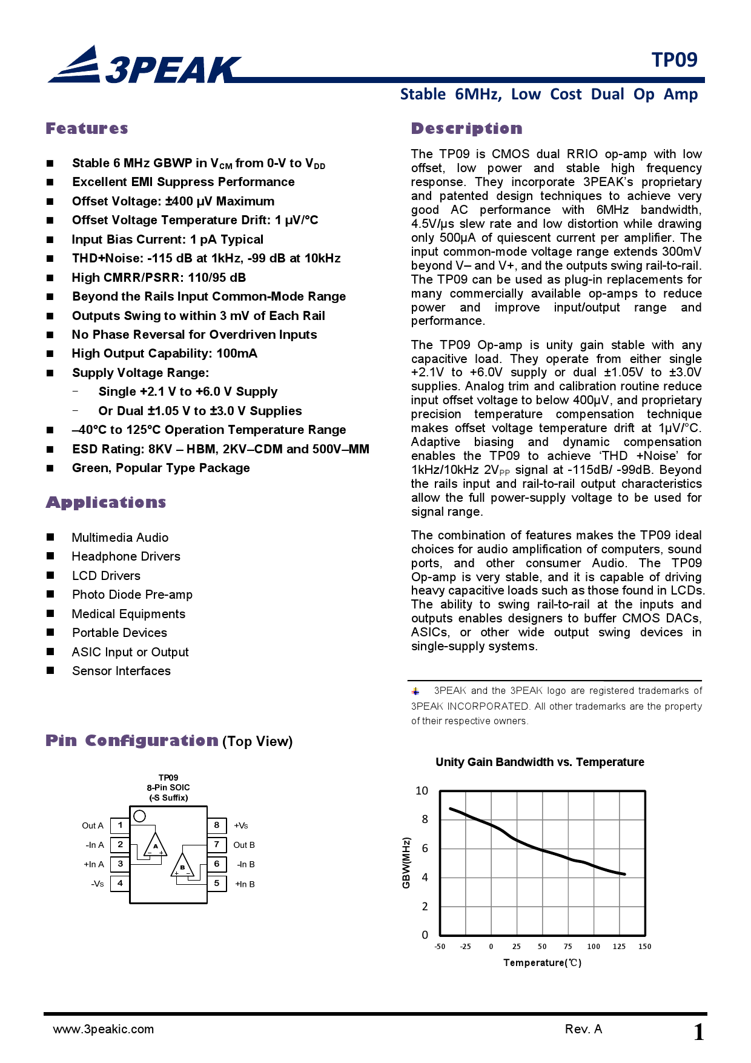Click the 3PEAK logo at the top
point(145,65)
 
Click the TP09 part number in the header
point(674,60)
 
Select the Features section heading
point(87,128)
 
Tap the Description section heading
point(466,128)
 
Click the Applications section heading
point(106,502)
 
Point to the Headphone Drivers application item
point(126,556)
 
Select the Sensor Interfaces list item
point(121,671)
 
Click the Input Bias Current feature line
point(167,239)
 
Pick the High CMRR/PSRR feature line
point(159,278)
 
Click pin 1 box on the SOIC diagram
point(120,825)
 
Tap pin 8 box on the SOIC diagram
point(216,825)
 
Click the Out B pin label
point(244,845)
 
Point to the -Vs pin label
point(97,884)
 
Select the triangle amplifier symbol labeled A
point(155,845)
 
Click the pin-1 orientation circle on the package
point(140,816)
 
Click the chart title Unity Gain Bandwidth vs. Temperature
point(540,762)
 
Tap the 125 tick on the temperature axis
point(619,947)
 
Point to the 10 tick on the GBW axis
point(422,791)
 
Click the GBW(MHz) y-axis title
point(406,863)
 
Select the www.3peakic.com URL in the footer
point(104,1029)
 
